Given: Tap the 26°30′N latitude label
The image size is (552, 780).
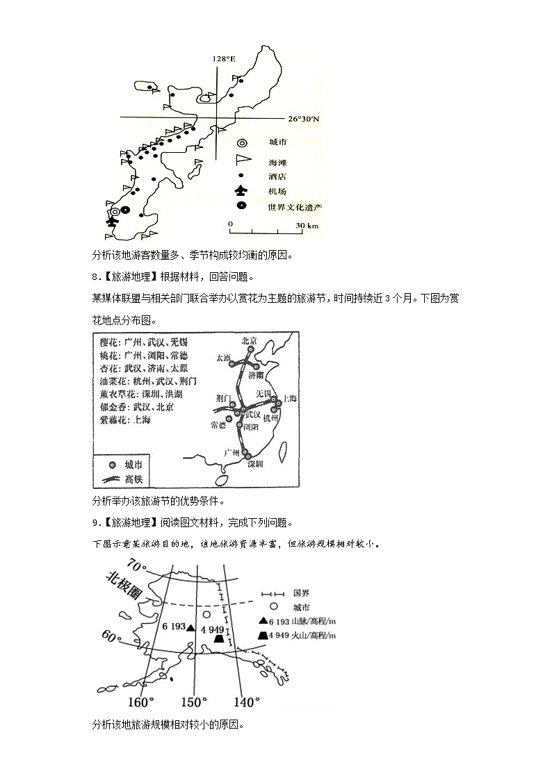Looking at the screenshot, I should pos(304,119).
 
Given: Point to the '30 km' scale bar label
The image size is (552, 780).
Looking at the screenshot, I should pos(307,226).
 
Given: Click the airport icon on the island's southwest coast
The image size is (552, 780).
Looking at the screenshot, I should pos(111,222).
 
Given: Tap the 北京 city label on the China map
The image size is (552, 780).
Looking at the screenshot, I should pos(249,341).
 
